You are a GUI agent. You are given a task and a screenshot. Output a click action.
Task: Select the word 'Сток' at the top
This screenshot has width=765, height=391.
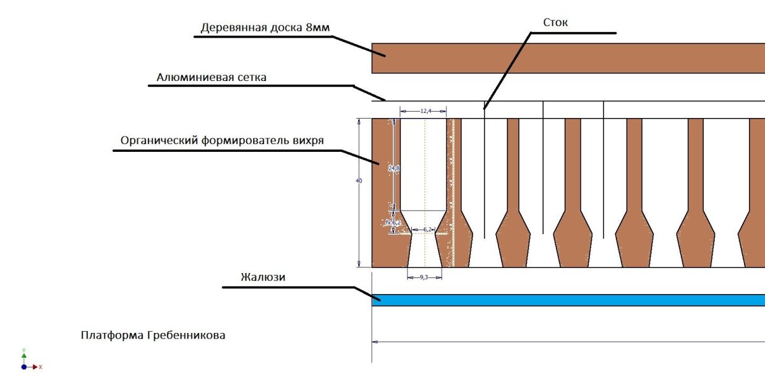click(x=555, y=22)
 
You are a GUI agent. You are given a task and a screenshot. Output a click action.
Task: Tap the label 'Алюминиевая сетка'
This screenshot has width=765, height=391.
click(x=211, y=77)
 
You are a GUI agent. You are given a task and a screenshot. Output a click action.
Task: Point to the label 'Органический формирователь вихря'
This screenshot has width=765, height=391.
click(x=222, y=140)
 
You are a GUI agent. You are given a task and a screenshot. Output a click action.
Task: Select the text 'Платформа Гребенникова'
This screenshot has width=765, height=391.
click(x=153, y=335)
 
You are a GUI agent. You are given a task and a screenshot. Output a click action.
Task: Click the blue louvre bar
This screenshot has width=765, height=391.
click(x=567, y=300)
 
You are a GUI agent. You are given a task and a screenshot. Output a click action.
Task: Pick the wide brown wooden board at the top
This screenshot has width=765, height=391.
click(x=567, y=59)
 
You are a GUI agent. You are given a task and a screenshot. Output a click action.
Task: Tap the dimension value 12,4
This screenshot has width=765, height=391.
click(x=426, y=111)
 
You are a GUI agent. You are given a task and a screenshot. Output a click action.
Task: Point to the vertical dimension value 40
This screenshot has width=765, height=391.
click(x=359, y=181)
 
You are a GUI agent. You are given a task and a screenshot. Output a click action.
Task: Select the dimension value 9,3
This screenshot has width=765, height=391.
click(x=425, y=277)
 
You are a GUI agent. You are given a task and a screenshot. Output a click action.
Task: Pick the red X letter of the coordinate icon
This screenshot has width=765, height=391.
click(x=40, y=367)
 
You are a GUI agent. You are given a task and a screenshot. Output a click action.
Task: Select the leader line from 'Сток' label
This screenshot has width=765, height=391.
click(x=507, y=70)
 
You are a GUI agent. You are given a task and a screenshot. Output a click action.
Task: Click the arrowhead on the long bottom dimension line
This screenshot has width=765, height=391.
click(x=375, y=342)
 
